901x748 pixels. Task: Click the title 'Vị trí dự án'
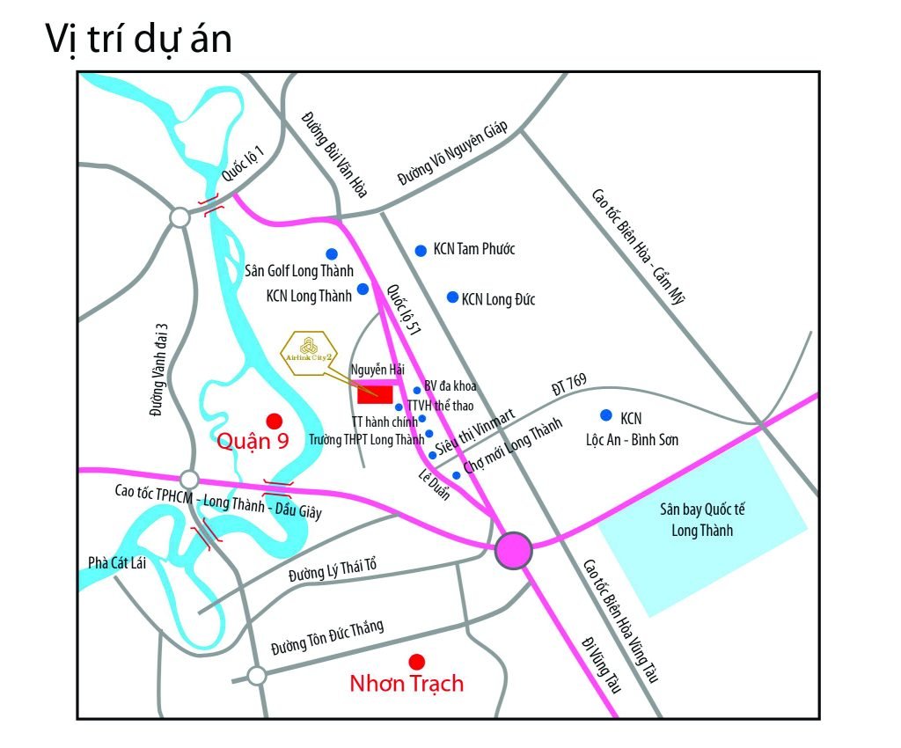(x=138, y=40)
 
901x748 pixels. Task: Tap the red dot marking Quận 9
(x=274, y=421)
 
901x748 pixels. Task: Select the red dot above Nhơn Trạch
(x=417, y=661)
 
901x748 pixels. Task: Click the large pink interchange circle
(x=513, y=550)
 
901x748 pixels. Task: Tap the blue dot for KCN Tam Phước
(x=421, y=250)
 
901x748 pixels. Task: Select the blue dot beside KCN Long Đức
(x=452, y=297)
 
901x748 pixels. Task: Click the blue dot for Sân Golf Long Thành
(x=332, y=253)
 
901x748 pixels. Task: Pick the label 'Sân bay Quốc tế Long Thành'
(x=701, y=519)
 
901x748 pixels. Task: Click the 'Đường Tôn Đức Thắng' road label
(x=327, y=637)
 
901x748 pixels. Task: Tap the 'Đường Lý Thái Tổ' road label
(x=332, y=572)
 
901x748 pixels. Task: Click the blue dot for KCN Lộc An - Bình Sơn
(x=605, y=414)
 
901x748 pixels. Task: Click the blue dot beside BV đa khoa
(x=417, y=391)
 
